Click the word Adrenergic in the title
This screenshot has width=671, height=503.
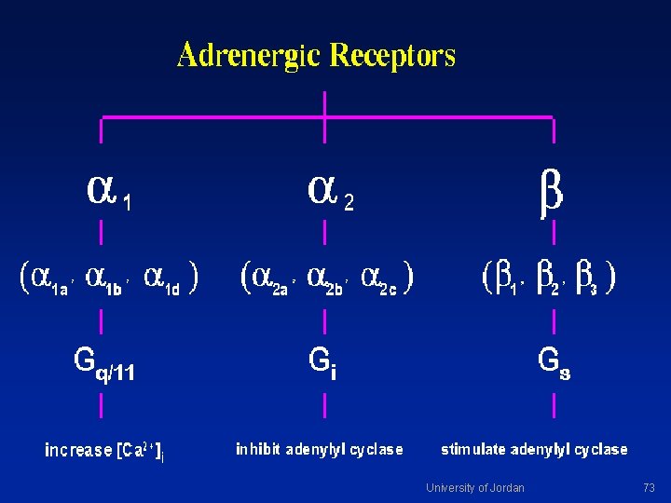coord(249,56)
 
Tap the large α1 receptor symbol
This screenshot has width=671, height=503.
coord(109,194)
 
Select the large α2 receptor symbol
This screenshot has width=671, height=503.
coord(330,194)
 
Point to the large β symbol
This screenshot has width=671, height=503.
coord(551,195)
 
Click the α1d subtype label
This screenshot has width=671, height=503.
coord(162,280)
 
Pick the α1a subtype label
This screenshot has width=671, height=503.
coord(49,280)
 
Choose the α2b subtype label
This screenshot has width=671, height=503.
coord(325,280)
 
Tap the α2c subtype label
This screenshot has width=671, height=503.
coord(378,280)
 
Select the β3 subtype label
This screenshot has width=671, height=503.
coord(586,280)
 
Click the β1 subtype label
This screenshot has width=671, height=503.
coord(506,280)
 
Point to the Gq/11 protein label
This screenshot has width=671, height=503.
coord(104,365)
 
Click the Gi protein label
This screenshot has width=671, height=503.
coord(322,363)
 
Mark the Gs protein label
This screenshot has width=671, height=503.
coord(555,363)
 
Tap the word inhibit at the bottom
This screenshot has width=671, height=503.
coord(257,449)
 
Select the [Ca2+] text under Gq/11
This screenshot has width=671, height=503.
coord(140,451)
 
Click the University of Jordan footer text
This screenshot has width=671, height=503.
coord(475,487)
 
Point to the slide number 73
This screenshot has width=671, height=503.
coord(649,487)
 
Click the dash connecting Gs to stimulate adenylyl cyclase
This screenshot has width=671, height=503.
coord(555,405)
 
